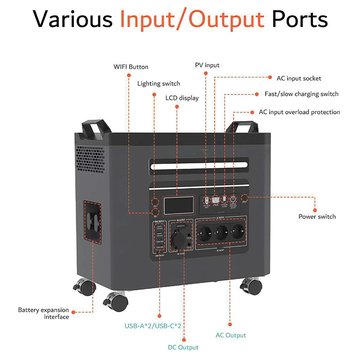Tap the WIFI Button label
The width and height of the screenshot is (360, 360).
pos(131,67)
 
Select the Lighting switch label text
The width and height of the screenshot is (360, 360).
pos(158,84)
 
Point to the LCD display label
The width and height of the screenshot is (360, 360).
pos(182,98)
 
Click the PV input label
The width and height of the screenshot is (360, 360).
pos(207,65)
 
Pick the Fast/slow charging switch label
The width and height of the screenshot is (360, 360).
pos(301,94)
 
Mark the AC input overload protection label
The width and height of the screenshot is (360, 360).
pos(300,112)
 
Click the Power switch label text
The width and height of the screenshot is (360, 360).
pos(317,216)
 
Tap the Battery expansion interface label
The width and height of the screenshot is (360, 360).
pos(44,313)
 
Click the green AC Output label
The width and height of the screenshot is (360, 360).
pos(230,335)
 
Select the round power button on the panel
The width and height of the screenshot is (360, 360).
pos(245,198)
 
